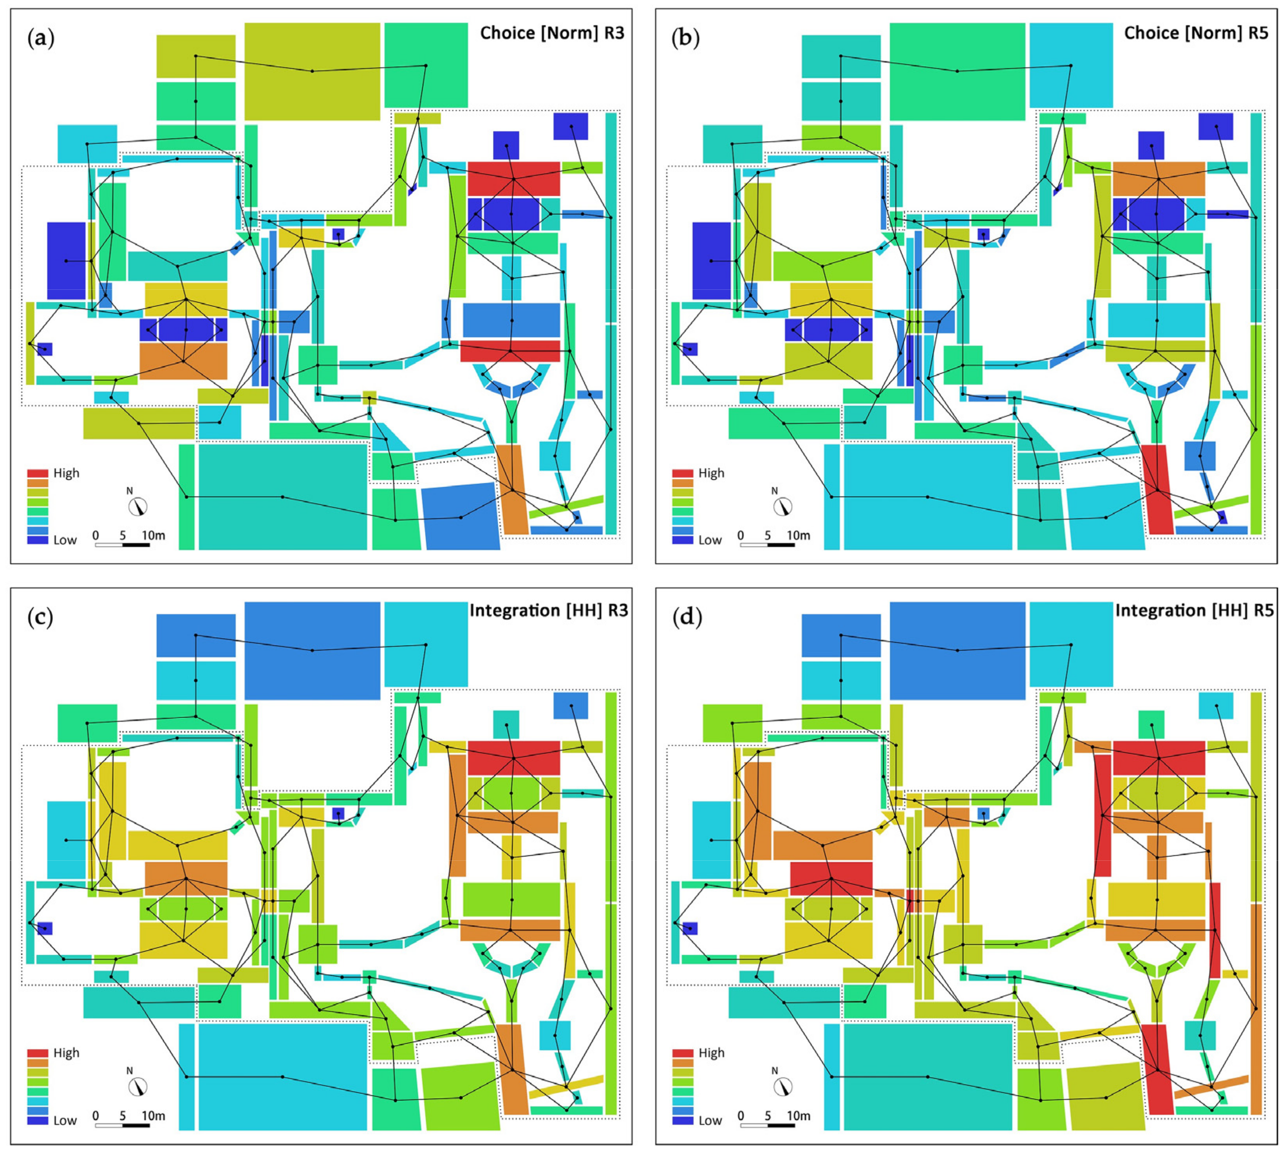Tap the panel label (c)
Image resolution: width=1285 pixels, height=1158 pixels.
(x=41, y=617)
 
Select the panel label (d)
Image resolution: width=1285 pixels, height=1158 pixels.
(x=687, y=617)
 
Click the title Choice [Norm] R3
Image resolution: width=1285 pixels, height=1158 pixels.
(x=552, y=33)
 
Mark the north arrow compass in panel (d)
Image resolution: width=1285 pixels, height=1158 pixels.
(x=783, y=1086)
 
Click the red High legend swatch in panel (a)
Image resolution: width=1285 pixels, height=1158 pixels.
(x=38, y=473)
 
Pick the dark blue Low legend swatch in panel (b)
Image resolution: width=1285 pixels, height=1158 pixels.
(x=682, y=540)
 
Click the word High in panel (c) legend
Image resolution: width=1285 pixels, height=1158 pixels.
(x=66, y=1053)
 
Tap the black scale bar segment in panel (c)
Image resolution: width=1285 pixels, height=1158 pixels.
(x=136, y=1125)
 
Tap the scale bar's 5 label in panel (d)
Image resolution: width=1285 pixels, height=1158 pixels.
(x=768, y=1115)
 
